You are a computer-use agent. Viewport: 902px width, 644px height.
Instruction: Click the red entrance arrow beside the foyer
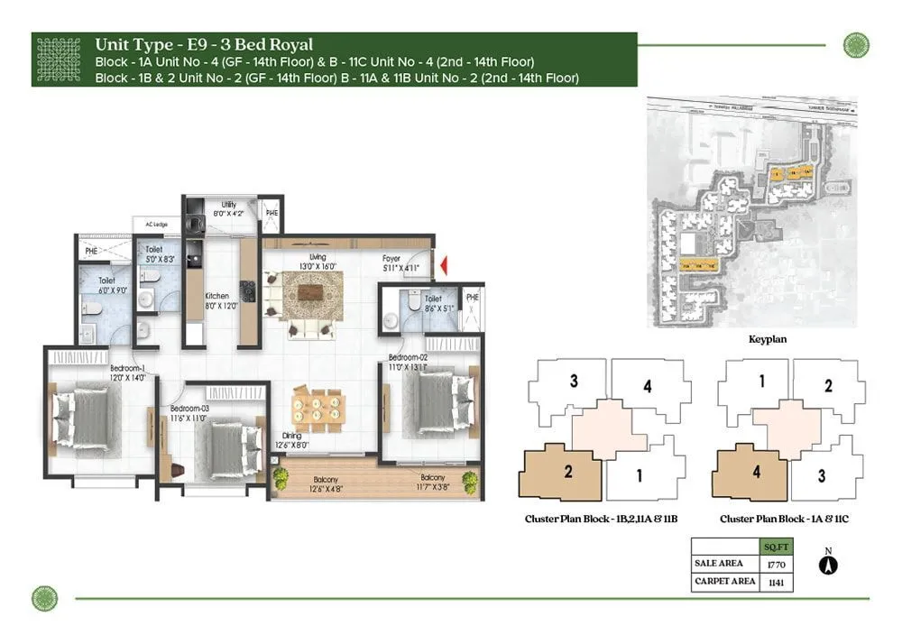point(442,265)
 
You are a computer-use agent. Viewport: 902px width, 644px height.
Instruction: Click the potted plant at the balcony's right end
point(469,480)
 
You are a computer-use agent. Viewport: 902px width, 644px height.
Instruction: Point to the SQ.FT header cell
point(772,547)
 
